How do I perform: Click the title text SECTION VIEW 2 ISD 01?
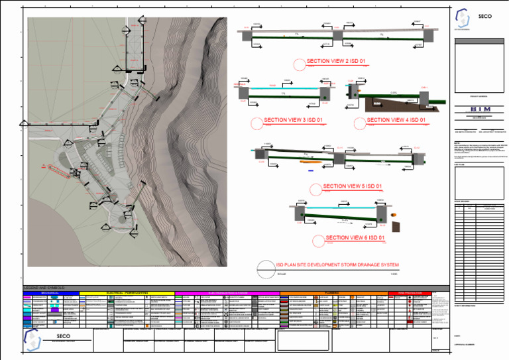click(336, 61)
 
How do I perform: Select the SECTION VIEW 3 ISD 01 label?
click(293, 120)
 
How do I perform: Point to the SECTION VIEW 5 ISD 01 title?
click(353, 186)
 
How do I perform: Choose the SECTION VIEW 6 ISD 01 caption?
click(355, 237)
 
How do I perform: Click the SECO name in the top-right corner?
click(484, 17)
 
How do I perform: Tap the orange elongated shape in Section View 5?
click(309, 160)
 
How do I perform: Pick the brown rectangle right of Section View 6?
click(396, 227)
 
